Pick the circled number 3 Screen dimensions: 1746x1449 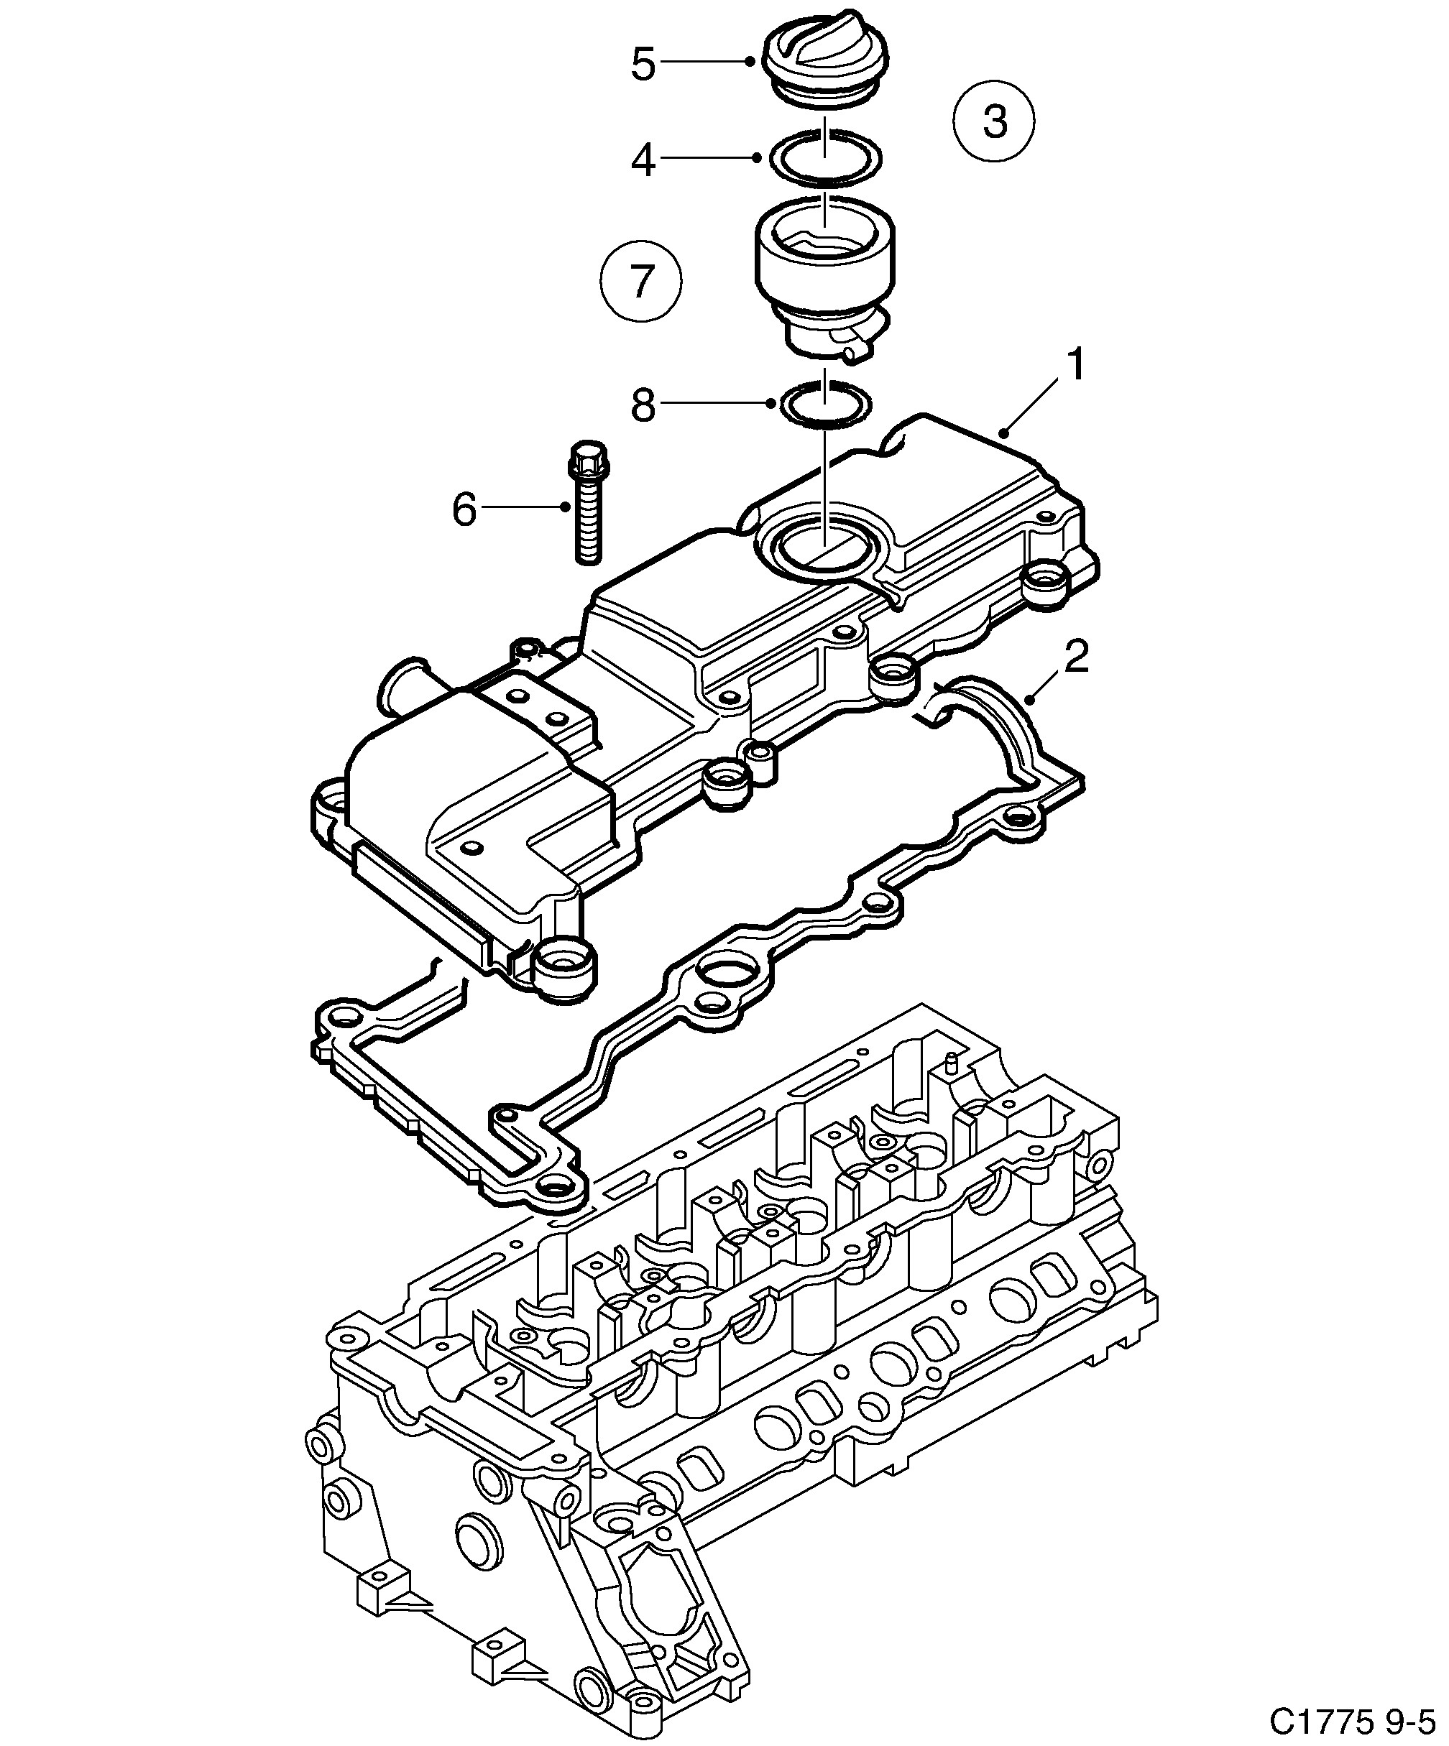click(994, 121)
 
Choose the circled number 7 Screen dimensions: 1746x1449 click(640, 281)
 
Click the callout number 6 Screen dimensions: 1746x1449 click(464, 508)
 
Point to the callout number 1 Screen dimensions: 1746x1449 click(1075, 366)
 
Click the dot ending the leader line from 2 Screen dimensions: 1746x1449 click(1030, 701)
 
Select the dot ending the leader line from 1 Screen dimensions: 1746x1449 click(1005, 433)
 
